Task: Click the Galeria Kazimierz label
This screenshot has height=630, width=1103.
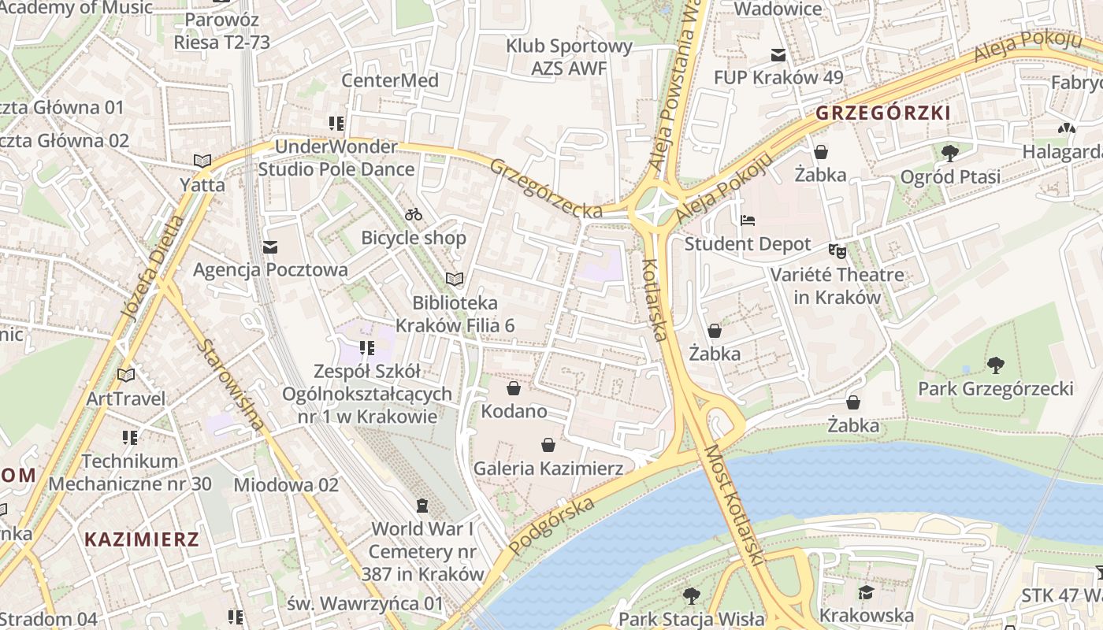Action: (548, 469)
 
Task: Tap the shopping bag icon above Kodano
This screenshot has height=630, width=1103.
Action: (514, 388)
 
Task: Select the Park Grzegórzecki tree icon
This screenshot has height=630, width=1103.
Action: (996, 365)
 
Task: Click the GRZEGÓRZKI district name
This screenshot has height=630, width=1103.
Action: (882, 113)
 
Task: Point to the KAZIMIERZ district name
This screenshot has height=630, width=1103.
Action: (142, 539)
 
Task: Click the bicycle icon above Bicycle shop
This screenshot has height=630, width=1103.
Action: (414, 214)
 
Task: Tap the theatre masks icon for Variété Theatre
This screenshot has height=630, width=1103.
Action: (837, 251)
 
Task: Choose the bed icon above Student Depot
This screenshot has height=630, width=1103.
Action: (748, 220)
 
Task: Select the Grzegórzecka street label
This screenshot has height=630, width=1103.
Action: (546, 188)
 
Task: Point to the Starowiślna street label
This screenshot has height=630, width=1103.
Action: (230, 384)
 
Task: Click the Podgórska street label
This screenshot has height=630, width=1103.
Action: (551, 525)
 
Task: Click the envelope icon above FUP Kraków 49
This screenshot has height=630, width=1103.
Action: (778, 54)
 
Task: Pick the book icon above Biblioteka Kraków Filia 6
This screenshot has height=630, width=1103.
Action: (455, 279)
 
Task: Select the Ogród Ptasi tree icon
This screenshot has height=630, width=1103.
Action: (950, 153)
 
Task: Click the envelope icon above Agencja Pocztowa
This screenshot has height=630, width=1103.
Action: (270, 247)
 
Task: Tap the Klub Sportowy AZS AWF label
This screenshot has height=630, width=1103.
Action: (570, 57)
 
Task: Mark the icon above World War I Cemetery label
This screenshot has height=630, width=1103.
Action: (422, 505)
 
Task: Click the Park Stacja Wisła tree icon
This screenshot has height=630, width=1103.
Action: (692, 595)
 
